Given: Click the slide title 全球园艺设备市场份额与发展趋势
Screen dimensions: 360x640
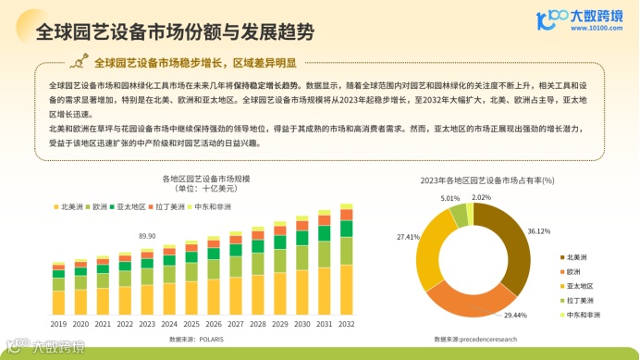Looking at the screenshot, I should coord(173,32).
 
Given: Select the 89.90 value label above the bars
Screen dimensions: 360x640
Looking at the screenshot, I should coord(147,237).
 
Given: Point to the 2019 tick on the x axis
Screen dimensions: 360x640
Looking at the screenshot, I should coord(58,325).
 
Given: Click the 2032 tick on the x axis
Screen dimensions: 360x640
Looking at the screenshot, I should coord(346,325).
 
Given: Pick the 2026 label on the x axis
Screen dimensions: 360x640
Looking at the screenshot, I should coord(213,325).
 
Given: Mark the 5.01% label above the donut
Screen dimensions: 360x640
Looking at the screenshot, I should coord(450,199).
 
